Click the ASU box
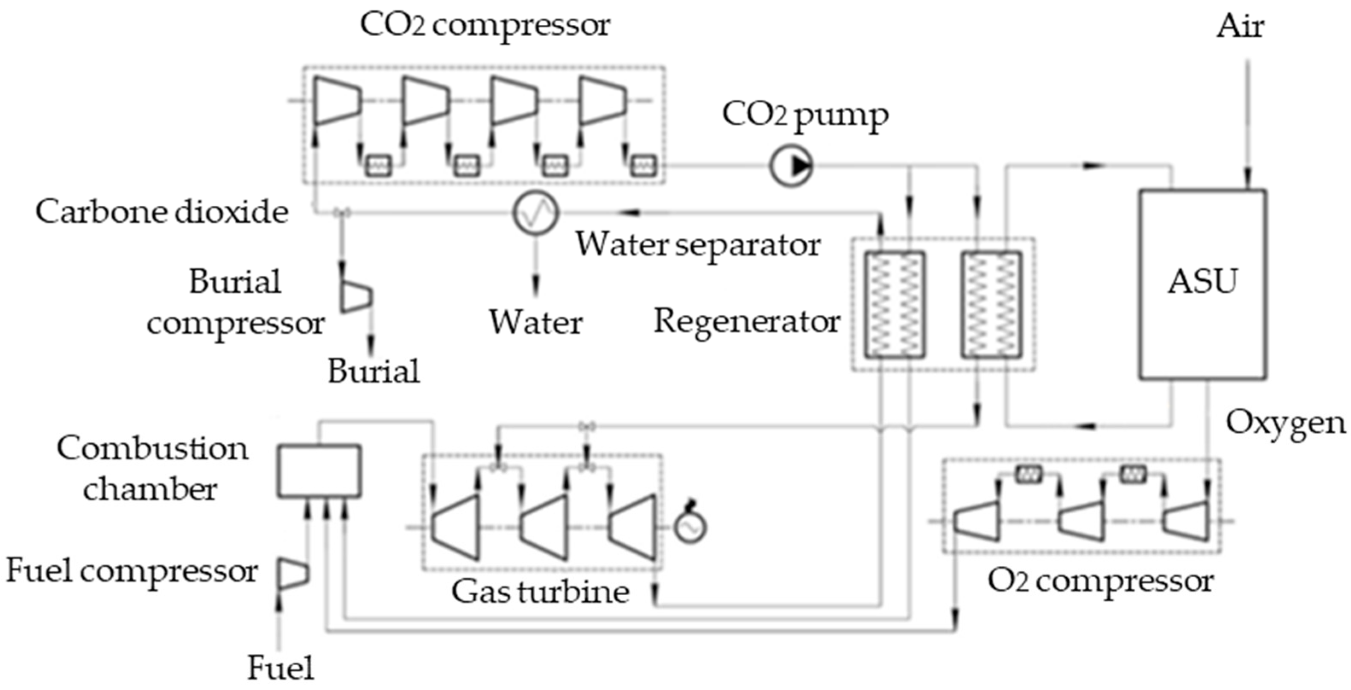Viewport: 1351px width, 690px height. (x=1202, y=284)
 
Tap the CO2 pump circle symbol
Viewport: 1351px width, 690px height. (x=791, y=166)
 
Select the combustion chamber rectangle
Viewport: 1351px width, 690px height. (x=319, y=470)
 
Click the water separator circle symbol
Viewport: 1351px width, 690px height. (x=535, y=213)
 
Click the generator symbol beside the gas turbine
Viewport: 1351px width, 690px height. (x=690, y=525)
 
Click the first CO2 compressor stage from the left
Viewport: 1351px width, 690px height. (x=336, y=101)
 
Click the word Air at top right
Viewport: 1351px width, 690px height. (x=1240, y=26)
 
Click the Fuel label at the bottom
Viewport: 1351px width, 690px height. (x=281, y=668)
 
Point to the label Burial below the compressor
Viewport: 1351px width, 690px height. (x=374, y=371)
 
